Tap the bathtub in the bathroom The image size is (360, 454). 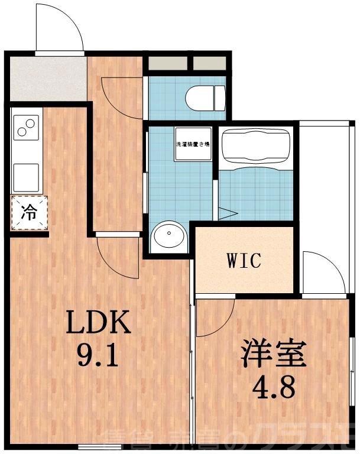click(256, 148)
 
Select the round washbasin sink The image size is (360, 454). click(169, 237)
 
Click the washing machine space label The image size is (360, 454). click(190, 144)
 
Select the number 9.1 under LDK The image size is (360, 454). click(96, 356)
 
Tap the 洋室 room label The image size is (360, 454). click(273, 355)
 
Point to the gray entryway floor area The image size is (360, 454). click(47, 79)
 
